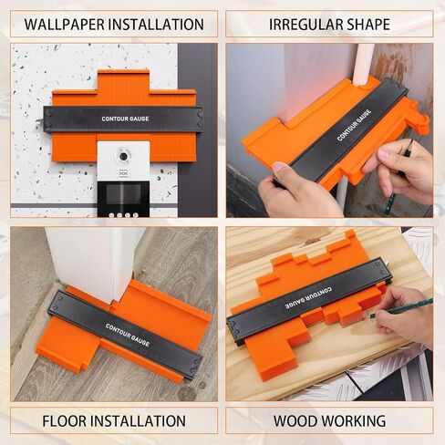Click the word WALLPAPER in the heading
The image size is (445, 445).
pyautogui.click(x=64, y=25)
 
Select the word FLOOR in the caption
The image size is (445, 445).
pyautogui.click(x=65, y=421)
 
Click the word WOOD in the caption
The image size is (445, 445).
pyautogui.click(x=295, y=421)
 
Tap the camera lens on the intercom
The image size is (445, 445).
pyautogui.click(x=123, y=156)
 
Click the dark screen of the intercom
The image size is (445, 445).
pyautogui.click(x=123, y=194)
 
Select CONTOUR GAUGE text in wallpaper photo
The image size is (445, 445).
pyautogui.click(x=125, y=119)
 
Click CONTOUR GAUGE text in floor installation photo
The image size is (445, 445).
pyautogui.click(x=128, y=335)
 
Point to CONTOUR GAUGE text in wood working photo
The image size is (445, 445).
pyautogui.click(x=308, y=298)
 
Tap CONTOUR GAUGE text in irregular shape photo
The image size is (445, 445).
pyautogui.click(x=354, y=125)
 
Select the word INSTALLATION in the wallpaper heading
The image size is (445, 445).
pyautogui.click(x=156, y=25)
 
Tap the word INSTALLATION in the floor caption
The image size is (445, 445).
pyautogui.click(x=139, y=421)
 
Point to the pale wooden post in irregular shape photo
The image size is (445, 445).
pyautogui.click(x=363, y=65)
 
